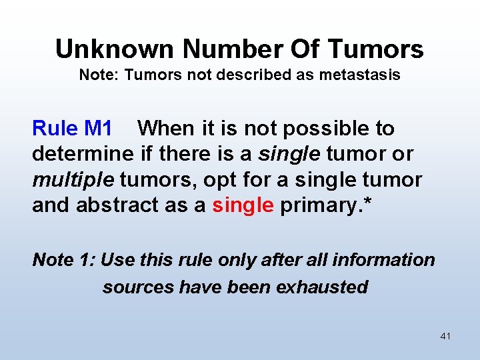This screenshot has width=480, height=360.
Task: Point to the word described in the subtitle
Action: pos(261,75)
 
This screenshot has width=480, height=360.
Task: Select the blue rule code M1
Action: pos(99,128)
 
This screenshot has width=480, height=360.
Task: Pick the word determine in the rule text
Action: pos(83,154)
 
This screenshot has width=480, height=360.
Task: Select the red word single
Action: pos(243,205)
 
